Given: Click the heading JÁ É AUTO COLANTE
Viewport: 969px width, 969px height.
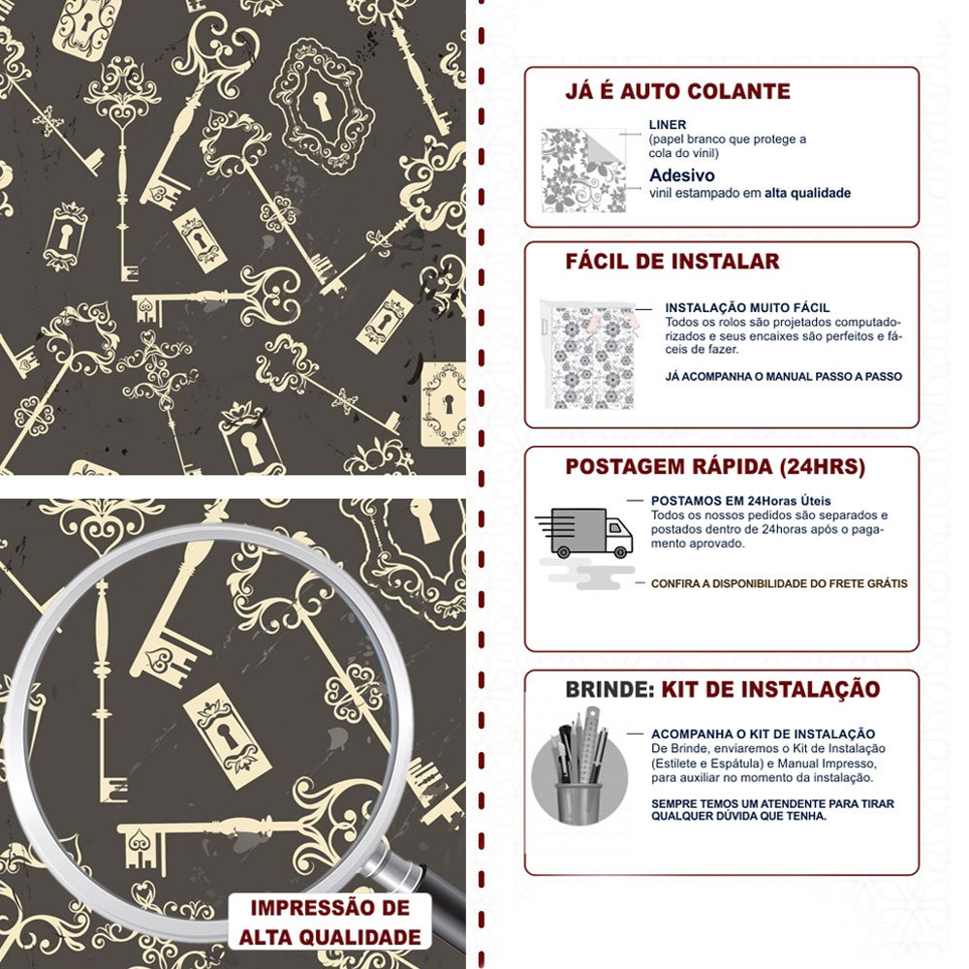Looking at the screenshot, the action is tap(677, 91).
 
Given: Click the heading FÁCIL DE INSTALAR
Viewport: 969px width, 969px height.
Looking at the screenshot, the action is tap(672, 262).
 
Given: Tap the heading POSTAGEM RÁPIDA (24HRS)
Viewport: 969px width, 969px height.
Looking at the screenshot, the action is tap(715, 467).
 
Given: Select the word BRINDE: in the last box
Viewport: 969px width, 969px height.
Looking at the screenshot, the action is tap(610, 689).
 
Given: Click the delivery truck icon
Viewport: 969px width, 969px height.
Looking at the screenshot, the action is tap(584, 533).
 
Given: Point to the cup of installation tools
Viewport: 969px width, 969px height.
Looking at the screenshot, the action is tap(579, 766).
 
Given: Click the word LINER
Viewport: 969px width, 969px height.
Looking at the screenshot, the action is tap(668, 124).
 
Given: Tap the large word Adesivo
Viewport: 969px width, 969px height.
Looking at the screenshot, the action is tap(681, 174).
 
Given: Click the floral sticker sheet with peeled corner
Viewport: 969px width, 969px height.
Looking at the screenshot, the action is tap(583, 170).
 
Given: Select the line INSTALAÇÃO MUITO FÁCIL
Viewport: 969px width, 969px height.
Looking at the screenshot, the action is tap(747, 308).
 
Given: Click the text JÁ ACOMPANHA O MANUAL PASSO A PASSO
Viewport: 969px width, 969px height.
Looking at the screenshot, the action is tap(784, 376).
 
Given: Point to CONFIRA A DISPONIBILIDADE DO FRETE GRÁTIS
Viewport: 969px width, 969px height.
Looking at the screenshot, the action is tap(779, 583).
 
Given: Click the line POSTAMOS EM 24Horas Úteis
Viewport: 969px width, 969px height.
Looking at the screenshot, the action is tap(740, 501).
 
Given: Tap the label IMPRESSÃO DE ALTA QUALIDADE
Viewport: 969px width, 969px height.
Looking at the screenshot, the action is tap(330, 922).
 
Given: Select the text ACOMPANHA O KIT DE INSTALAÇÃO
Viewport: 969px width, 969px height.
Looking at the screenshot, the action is tap(764, 735).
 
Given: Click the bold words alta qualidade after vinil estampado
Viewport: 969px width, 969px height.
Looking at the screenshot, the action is tap(808, 193).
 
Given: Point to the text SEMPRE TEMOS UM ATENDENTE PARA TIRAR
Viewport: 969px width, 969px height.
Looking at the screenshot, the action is tap(772, 803).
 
